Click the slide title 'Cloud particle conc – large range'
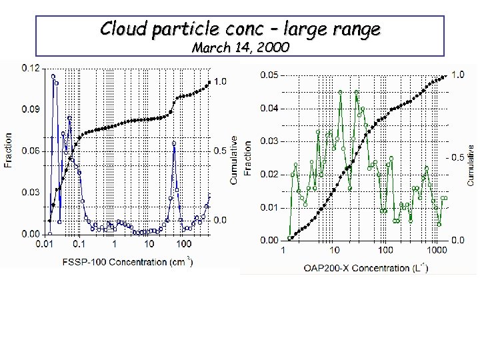click(240, 29)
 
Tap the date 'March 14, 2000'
click(240, 48)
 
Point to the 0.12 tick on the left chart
click(29, 67)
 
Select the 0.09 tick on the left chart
click(29, 109)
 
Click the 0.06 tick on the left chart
click(29, 151)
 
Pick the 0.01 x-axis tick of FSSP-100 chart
click(45, 245)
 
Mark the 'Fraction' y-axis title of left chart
click(9, 151)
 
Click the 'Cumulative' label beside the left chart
click(234, 160)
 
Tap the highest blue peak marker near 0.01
click(53, 76)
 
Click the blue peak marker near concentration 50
click(174, 142)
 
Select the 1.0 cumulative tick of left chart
click(219, 81)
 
